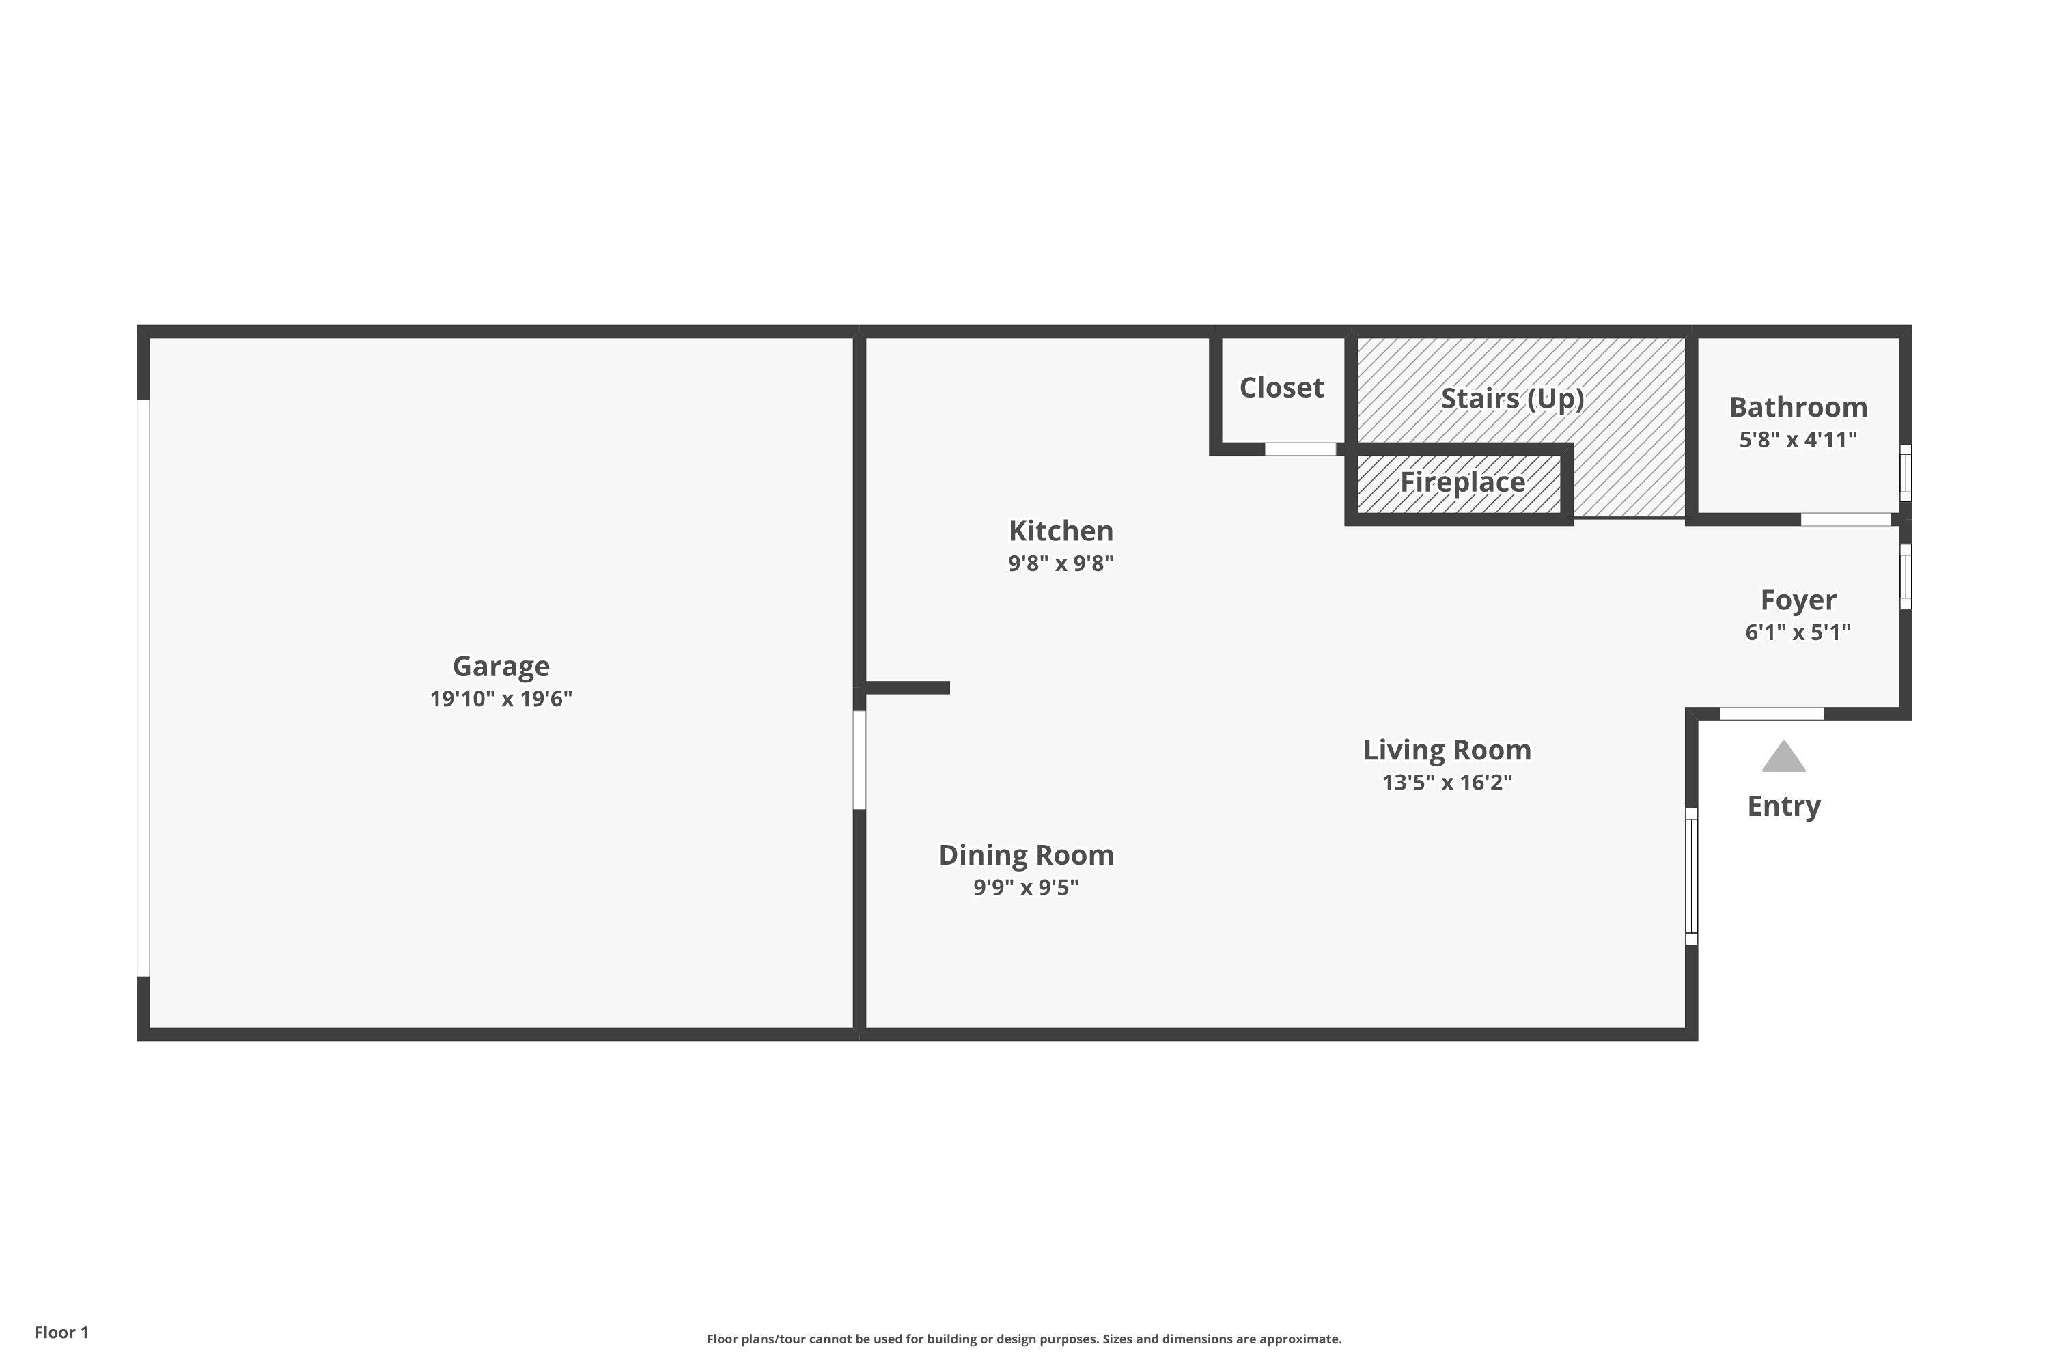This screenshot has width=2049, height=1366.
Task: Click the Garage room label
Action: [501, 667]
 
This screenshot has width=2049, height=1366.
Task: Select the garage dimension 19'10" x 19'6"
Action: [501, 699]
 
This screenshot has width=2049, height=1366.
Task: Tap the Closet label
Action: [1281, 388]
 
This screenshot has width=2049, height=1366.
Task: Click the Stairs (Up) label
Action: [1511, 398]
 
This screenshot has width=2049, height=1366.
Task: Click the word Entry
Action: [1783, 806]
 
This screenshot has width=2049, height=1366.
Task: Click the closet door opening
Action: [1299, 449]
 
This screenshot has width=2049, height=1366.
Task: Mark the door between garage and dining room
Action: [859, 759]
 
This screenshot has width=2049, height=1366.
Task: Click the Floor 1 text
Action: [61, 1332]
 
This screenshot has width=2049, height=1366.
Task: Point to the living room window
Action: [1691, 876]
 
